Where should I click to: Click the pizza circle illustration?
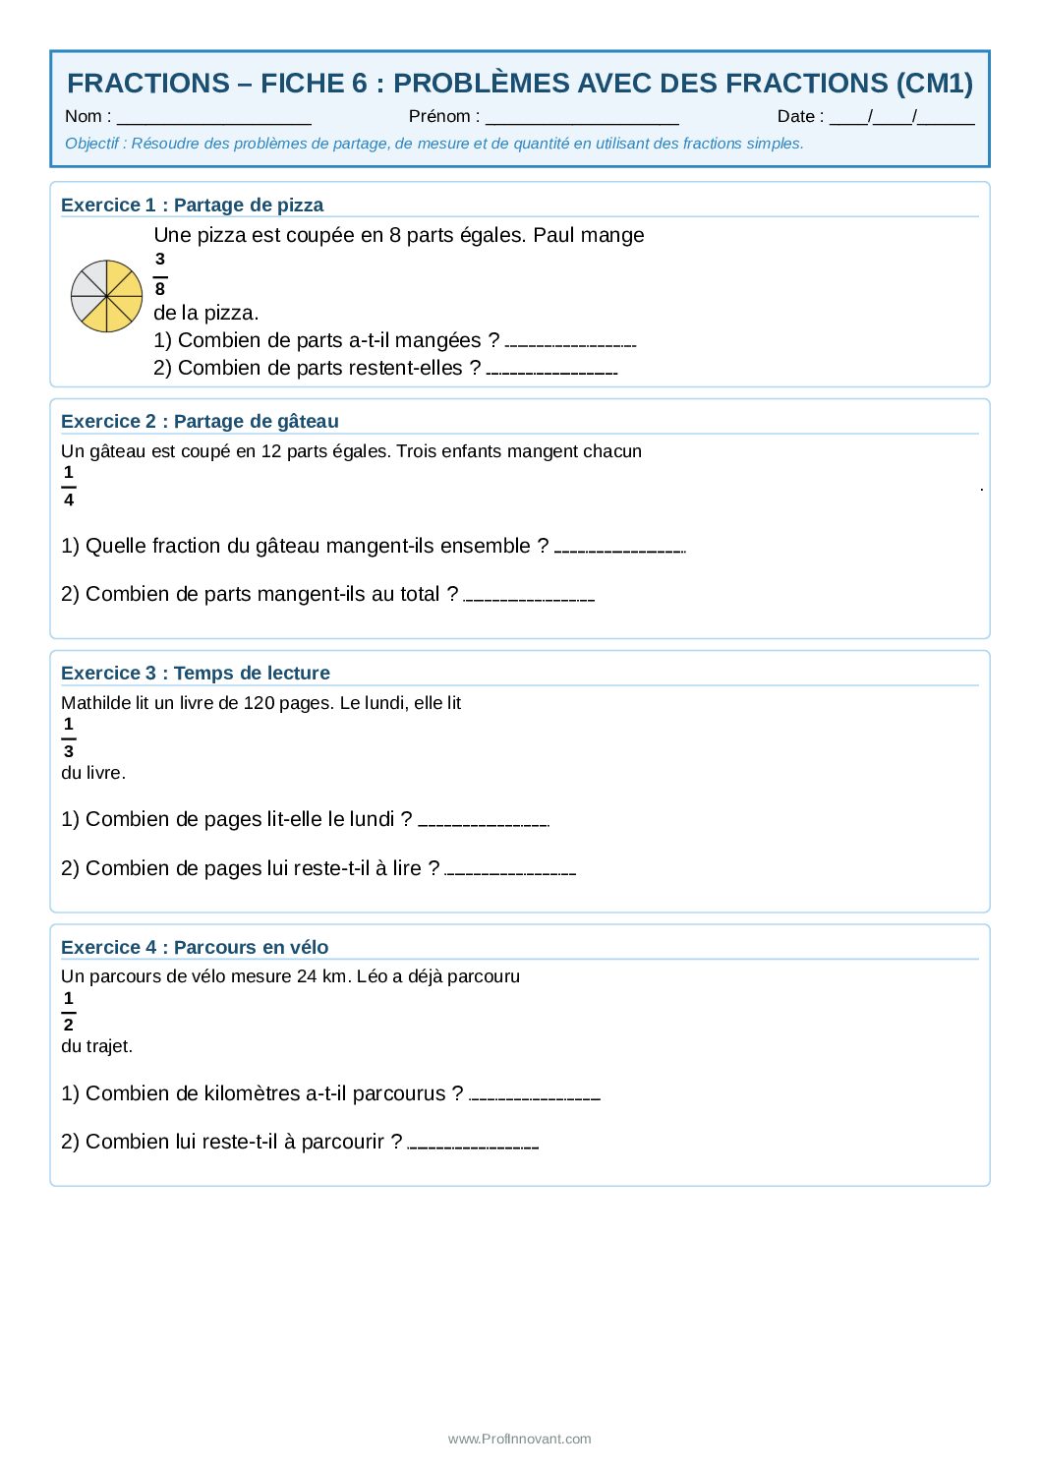[107, 296]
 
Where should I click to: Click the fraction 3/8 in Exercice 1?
[160, 274]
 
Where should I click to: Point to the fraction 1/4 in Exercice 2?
[69, 486]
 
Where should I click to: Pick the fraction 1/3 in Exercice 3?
[69, 737]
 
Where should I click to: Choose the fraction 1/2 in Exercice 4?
[69, 1011]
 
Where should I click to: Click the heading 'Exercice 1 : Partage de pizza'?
[192, 205]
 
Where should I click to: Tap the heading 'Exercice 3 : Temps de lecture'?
[196, 673]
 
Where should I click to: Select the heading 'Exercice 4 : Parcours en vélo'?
[195, 947]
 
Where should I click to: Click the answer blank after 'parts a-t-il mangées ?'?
[570, 344]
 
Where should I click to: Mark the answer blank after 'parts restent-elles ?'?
[551, 372]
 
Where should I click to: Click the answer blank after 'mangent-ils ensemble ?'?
[619, 550]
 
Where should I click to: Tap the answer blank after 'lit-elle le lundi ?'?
[484, 823]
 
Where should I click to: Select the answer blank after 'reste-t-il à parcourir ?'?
[473, 1146]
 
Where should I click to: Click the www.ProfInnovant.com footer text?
[520, 1439]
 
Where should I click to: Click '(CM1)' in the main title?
[934, 84]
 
